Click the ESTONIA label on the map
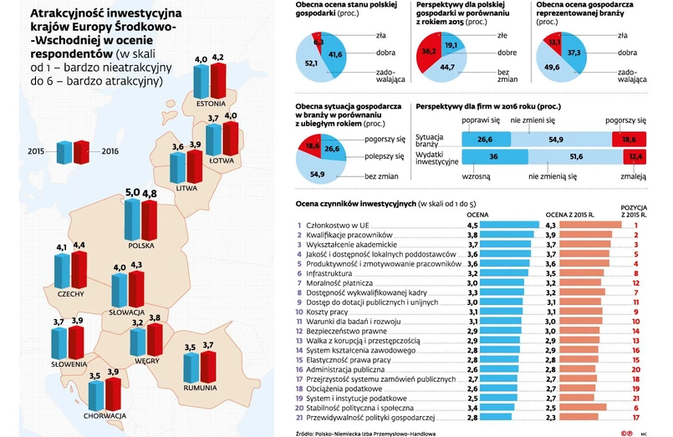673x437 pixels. (x=212, y=104)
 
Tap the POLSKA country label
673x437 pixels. (x=142, y=246)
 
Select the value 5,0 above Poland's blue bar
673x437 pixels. (x=132, y=193)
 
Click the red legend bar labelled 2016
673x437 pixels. (x=81, y=152)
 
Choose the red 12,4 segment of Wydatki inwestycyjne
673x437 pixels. (x=635, y=156)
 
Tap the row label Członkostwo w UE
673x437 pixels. (x=338, y=225)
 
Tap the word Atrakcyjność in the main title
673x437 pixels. (x=66, y=14)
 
